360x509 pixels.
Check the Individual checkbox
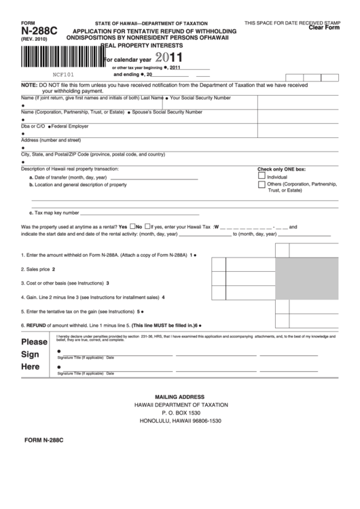click(x=262, y=175)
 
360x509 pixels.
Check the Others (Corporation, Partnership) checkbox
click(x=262, y=183)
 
